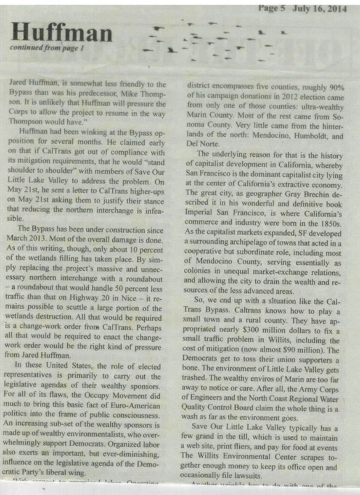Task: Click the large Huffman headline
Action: pos(62,32)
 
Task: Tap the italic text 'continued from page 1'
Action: pos(47,48)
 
